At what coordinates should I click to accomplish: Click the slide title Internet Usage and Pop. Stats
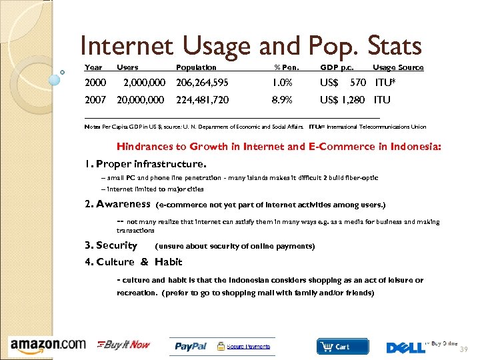(x=251, y=46)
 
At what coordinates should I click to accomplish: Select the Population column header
(x=196, y=67)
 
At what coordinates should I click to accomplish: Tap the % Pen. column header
(x=287, y=67)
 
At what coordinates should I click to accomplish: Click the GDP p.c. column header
(x=337, y=67)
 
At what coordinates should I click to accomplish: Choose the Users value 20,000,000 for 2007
(x=140, y=100)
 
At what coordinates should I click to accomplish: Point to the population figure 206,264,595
(x=202, y=83)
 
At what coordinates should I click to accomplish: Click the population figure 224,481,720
(x=202, y=100)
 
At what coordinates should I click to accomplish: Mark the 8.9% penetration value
(x=282, y=100)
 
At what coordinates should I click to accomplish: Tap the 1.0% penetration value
(x=282, y=83)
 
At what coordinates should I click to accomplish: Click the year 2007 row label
(x=95, y=100)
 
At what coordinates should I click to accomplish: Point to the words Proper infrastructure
(x=151, y=163)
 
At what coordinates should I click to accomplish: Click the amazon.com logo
(x=48, y=345)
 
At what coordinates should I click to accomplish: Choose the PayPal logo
(x=191, y=347)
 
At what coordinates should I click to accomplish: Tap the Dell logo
(x=406, y=347)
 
